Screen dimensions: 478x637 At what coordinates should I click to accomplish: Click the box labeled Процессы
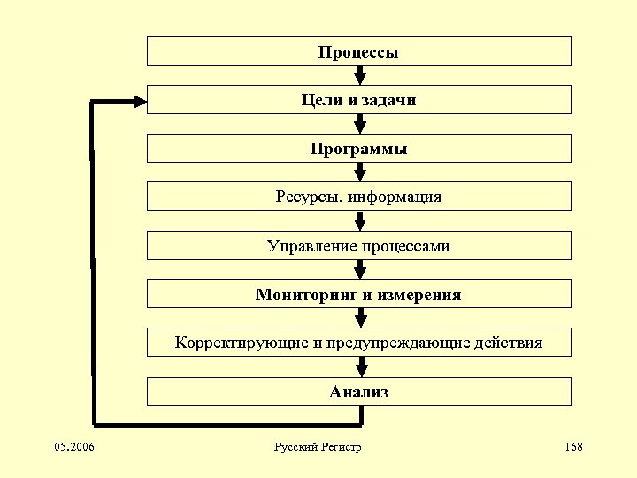coord(358,51)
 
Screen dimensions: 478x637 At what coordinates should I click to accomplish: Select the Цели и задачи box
coord(358,100)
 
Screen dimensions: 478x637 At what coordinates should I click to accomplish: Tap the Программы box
coord(358,149)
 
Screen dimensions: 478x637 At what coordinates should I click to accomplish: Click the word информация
coord(395,197)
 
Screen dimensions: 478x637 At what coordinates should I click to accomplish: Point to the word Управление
coord(311,245)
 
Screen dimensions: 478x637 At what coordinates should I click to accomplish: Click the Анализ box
coord(358,391)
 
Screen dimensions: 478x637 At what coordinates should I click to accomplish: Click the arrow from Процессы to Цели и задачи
coord(359,75)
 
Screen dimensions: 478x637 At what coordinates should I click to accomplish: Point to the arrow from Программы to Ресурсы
coord(359,173)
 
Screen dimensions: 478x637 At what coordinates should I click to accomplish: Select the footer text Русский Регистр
coord(318,447)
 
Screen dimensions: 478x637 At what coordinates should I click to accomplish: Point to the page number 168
coord(572,447)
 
